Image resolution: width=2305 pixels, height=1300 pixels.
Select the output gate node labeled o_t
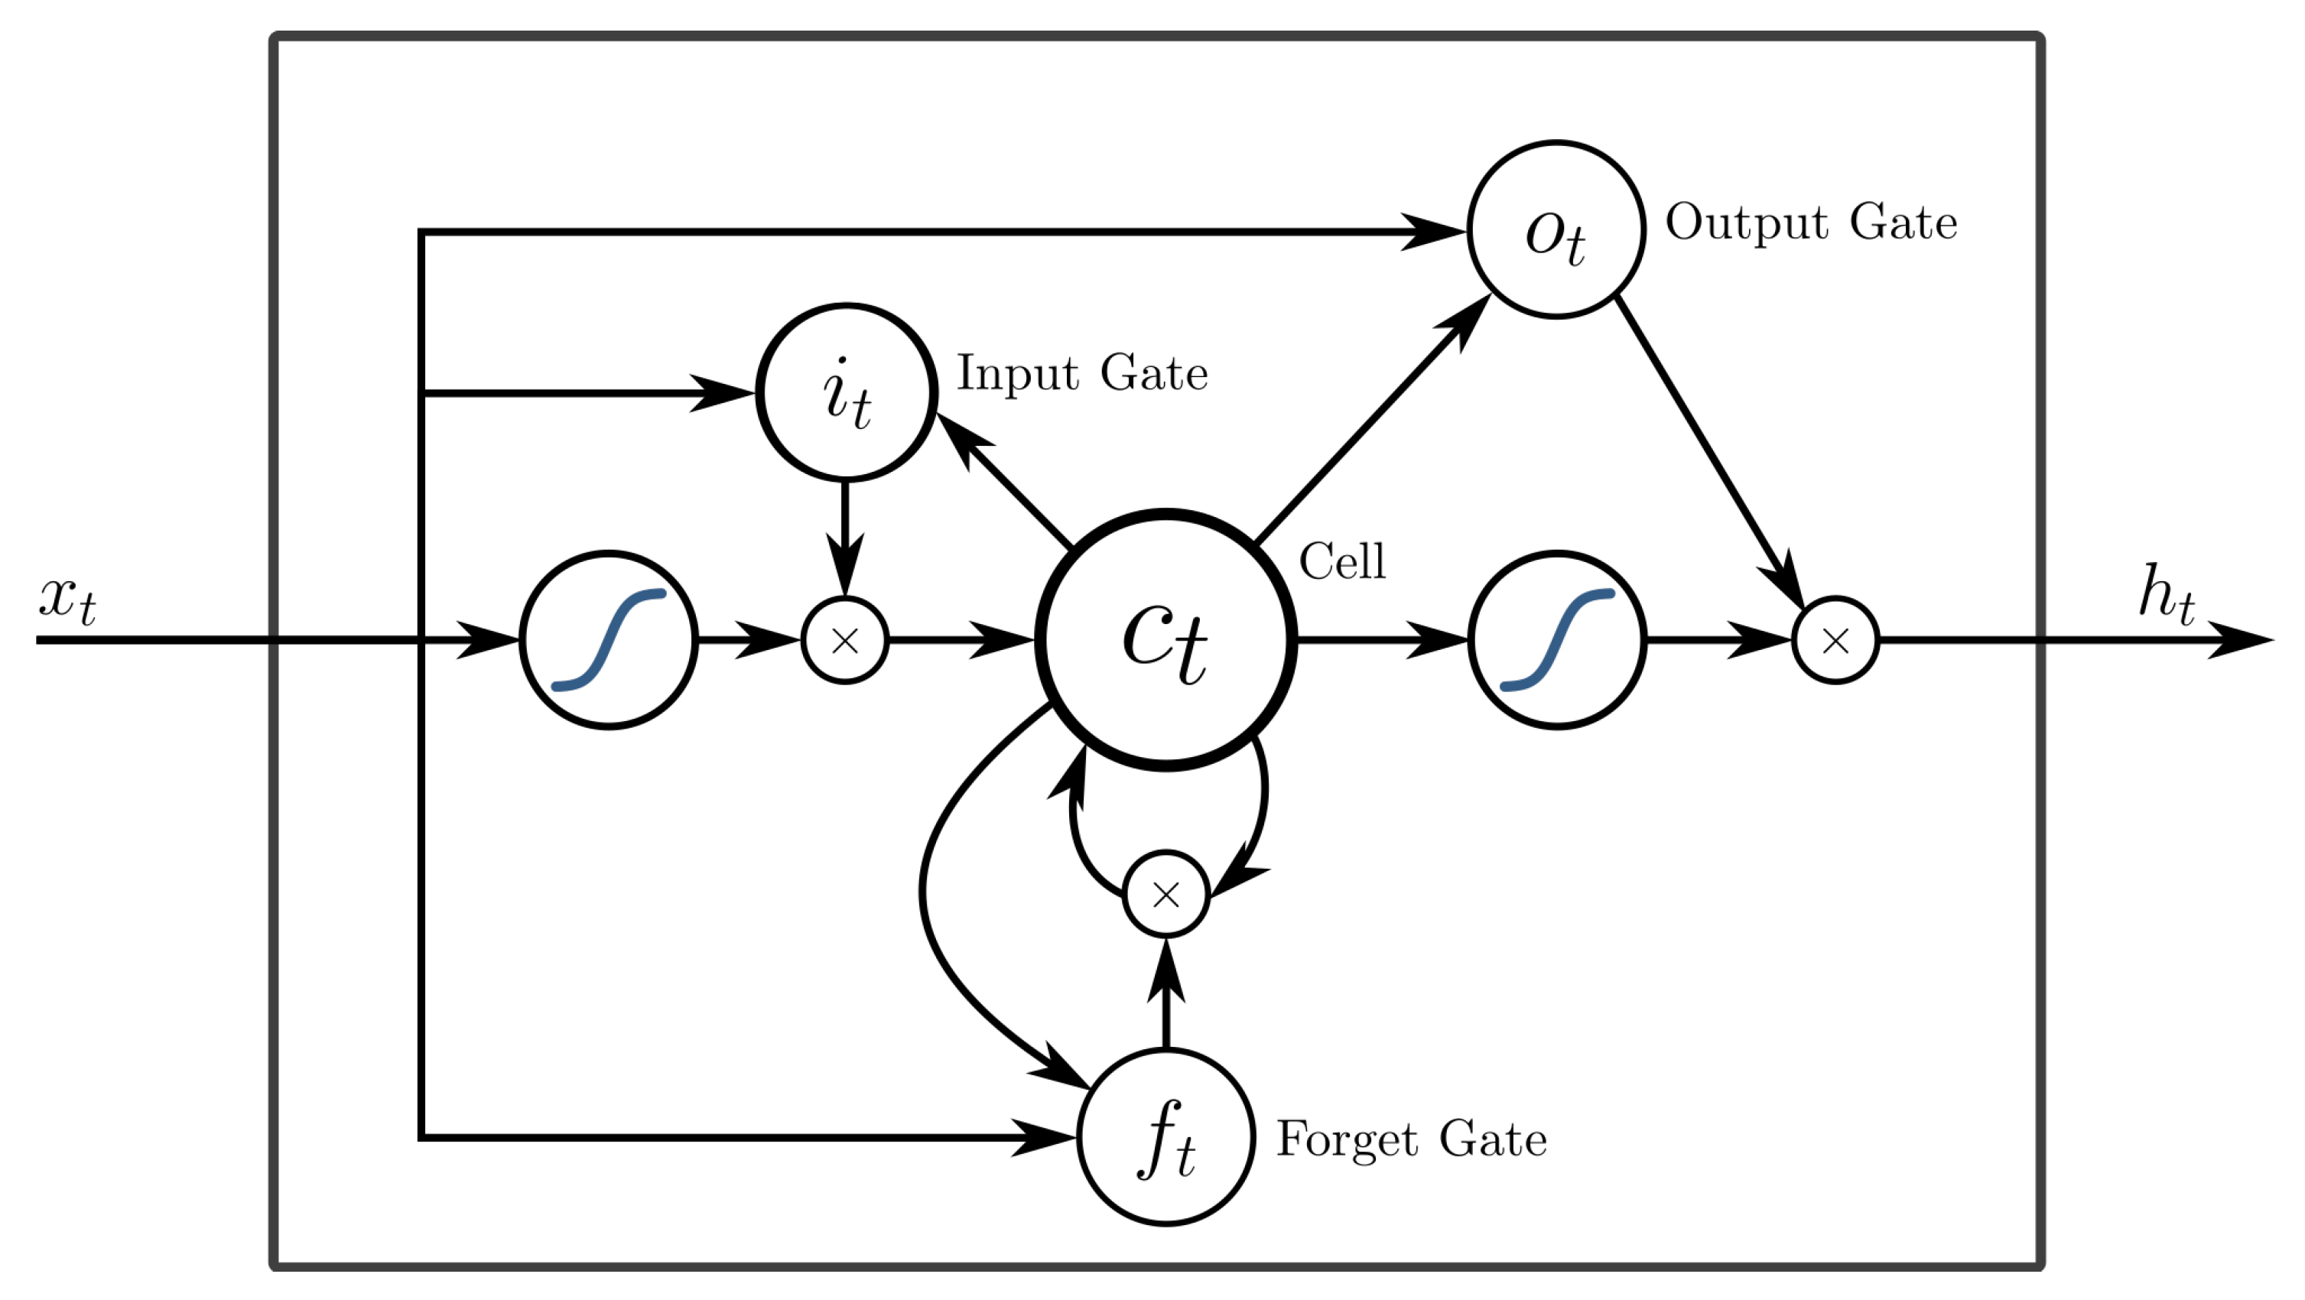[1557, 230]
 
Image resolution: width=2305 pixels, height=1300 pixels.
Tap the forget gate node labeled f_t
[1166, 1137]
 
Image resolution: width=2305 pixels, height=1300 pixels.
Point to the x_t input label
[67, 600]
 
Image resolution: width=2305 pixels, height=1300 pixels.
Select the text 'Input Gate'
[1083, 373]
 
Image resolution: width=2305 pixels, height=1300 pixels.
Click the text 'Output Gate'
[1811, 222]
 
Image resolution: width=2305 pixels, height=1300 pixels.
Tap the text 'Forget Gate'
[1411, 1139]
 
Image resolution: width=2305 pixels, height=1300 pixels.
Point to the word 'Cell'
[1342, 562]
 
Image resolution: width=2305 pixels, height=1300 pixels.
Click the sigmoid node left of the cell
[609, 640]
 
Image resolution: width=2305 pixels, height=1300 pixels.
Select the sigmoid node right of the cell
[1557, 640]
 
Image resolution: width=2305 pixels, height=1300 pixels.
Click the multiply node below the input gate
[846, 640]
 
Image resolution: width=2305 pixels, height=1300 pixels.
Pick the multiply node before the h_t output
[1835, 640]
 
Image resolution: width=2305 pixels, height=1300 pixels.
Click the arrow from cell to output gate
[1373, 419]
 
